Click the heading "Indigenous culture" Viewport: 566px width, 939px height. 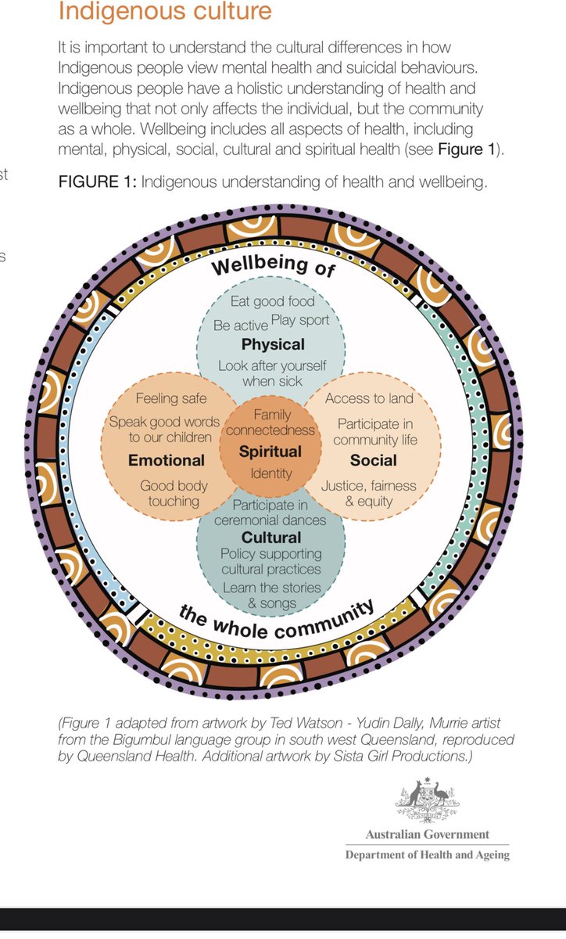pyautogui.click(x=165, y=12)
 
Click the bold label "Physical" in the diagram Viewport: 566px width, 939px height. pyautogui.click(x=273, y=344)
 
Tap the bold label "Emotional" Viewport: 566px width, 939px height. pyautogui.click(x=167, y=459)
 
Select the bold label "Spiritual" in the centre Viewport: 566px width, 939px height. pyautogui.click(x=270, y=452)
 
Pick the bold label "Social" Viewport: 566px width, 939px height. pyautogui.click(x=373, y=459)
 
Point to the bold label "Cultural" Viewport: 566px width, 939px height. pyautogui.click(x=270, y=537)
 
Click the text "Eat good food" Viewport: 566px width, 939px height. pyautogui.click(x=273, y=301)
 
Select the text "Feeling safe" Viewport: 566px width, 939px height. pyautogui.click(x=171, y=399)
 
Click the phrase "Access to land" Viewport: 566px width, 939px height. pyautogui.click(x=369, y=399)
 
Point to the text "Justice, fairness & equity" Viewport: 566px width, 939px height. pyautogui.click(x=369, y=493)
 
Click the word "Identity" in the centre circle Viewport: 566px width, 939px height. pyautogui.click(x=271, y=473)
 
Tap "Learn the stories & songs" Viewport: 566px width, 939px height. pyautogui.click(x=271, y=595)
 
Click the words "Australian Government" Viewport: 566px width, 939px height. pyautogui.click(x=428, y=834)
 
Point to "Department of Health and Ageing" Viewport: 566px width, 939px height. pyautogui.click(x=428, y=854)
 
